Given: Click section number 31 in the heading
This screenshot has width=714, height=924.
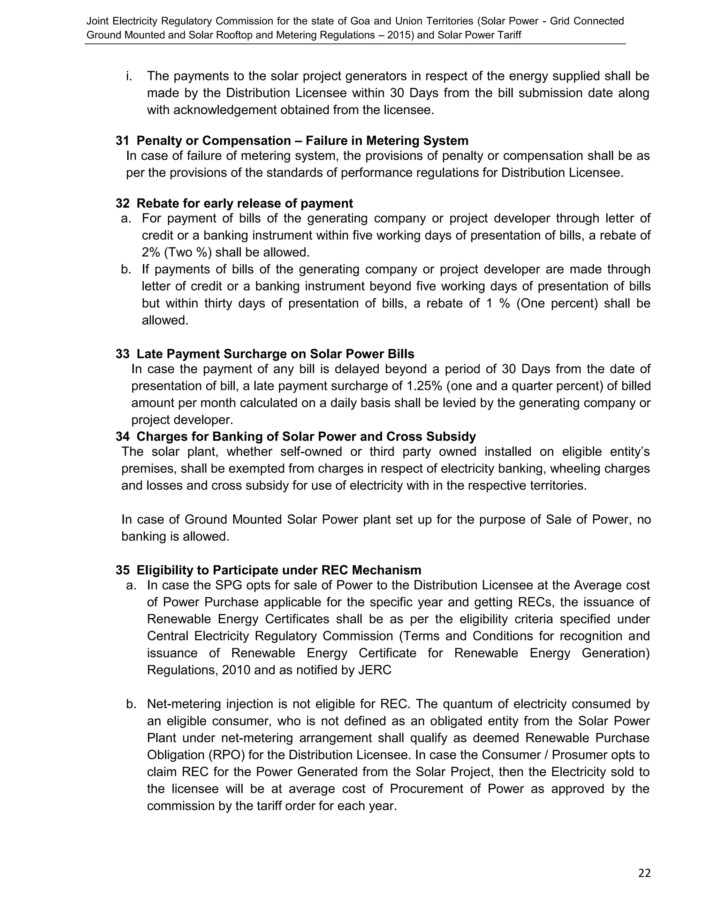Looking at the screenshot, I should click(x=122, y=141).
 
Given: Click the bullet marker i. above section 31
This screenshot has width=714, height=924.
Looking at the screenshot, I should click(x=129, y=76).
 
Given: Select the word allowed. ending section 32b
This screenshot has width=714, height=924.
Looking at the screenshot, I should click(x=165, y=320).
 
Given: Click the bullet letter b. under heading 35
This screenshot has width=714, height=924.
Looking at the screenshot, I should click(x=131, y=704).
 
